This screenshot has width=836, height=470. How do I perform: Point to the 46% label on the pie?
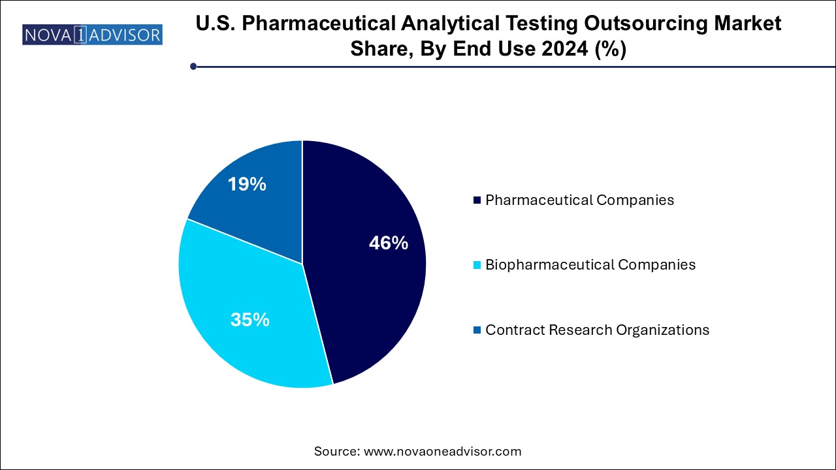click(389, 243)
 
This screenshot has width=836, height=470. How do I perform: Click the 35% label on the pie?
click(250, 320)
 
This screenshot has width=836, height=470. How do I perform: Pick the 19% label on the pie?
click(247, 185)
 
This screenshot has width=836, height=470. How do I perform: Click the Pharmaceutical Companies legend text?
click(579, 200)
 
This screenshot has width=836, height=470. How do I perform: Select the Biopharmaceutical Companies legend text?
click(590, 264)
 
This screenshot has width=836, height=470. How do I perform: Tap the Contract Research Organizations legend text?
click(597, 330)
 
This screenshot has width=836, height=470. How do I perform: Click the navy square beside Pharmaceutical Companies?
click(477, 200)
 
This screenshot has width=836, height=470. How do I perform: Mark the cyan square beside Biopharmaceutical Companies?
click(477, 265)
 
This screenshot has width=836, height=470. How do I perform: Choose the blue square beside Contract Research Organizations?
click(477, 330)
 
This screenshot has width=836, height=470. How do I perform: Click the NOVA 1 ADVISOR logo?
click(92, 34)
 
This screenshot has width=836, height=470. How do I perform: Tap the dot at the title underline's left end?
click(193, 66)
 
